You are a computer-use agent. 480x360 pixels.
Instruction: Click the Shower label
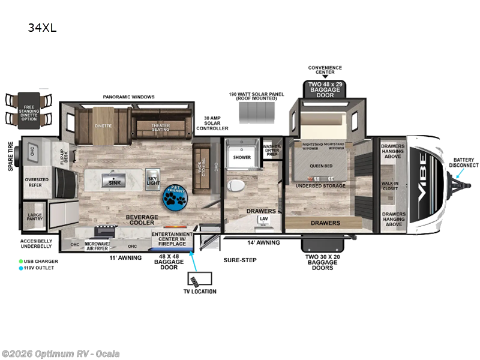coord(242,157)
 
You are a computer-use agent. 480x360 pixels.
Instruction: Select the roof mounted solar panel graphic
coord(256,112)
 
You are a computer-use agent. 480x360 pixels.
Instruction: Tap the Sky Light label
coord(153,179)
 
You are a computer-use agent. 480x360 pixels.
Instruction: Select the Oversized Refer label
coord(37,182)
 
